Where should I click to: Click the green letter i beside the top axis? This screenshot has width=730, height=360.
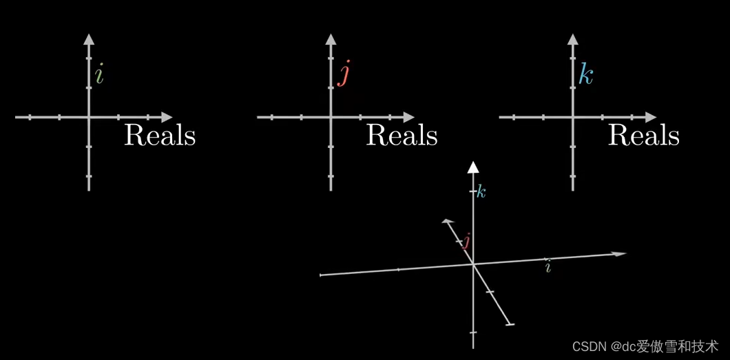click(x=99, y=74)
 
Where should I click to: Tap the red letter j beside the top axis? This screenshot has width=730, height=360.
click(x=343, y=74)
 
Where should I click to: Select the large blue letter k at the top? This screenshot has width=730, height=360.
click(x=585, y=74)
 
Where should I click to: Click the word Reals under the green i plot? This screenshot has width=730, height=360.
click(x=160, y=135)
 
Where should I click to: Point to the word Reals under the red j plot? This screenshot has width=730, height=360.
click(x=401, y=135)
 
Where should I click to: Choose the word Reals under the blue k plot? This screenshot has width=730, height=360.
click(x=643, y=135)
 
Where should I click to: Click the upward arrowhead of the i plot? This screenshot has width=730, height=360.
click(x=89, y=39)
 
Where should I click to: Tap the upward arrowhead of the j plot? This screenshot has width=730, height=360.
click(x=331, y=39)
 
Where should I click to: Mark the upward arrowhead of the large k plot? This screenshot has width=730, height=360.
click(x=572, y=39)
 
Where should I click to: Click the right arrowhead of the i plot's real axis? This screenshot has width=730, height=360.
click(x=167, y=117)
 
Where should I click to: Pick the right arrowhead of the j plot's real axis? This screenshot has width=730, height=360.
click(x=409, y=117)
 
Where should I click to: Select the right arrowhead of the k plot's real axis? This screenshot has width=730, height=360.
click(x=651, y=117)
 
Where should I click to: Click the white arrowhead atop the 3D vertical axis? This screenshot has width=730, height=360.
click(x=473, y=167)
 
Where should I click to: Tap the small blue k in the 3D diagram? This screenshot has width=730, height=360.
click(x=481, y=193)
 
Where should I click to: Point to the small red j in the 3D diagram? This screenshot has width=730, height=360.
click(x=466, y=241)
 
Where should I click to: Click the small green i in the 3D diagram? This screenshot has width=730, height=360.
click(x=548, y=267)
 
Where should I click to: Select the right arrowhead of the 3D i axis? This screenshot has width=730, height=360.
click(x=621, y=254)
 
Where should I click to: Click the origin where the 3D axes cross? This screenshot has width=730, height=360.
click(x=473, y=264)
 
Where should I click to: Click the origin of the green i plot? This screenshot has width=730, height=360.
click(x=89, y=117)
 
